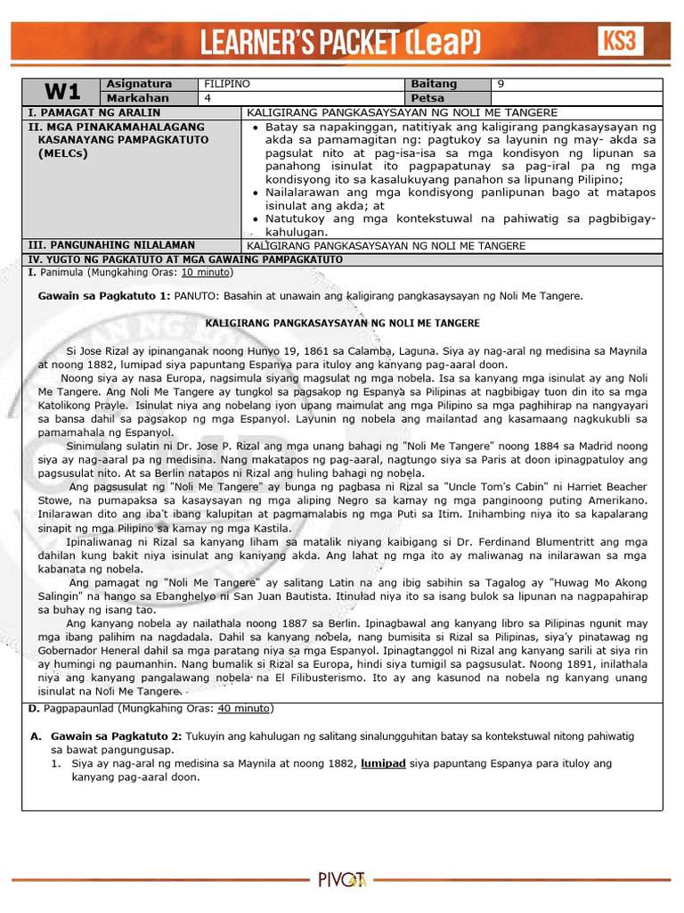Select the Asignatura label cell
[x=136, y=84]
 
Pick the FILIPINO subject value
[x=228, y=84]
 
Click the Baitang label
[x=434, y=84]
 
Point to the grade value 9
[x=501, y=84]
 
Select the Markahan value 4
[x=208, y=98]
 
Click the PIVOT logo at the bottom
[x=342, y=880]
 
